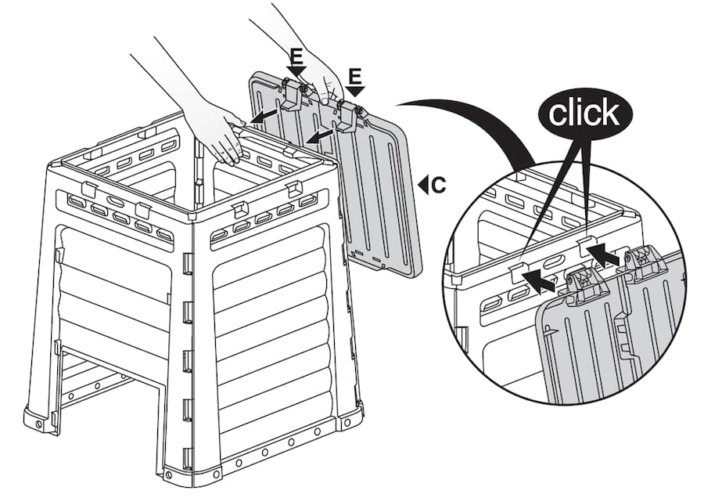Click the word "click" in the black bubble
click(584, 114)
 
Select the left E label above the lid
click(296, 57)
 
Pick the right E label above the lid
click(355, 75)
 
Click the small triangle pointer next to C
click(422, 185)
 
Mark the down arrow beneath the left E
click(294, 72)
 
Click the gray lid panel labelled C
click(368, 188)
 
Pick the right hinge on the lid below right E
click(349, 114)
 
